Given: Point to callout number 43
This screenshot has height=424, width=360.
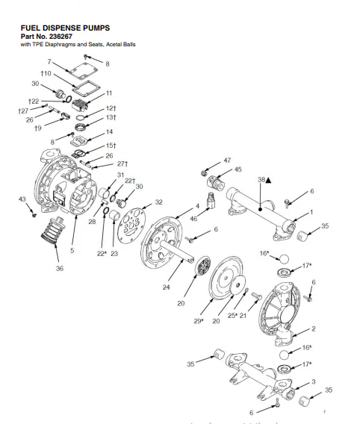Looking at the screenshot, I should [x=22, y=199].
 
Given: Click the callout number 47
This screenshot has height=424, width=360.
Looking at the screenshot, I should [x=227, y=160].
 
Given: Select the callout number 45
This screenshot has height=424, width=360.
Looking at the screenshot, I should [x=238, y=169].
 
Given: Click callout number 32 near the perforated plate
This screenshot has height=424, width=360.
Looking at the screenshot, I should [x=158, y=202].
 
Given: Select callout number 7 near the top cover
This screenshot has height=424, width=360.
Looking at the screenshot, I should [x=49, y=61].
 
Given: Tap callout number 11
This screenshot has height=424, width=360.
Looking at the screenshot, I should [x=109, y=93].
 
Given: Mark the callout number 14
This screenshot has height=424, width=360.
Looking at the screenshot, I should [x=110, y=132].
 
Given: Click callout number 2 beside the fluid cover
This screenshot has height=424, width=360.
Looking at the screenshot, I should [x=313, y=328].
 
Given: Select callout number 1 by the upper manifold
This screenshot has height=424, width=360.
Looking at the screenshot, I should [x=312, y=212].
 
